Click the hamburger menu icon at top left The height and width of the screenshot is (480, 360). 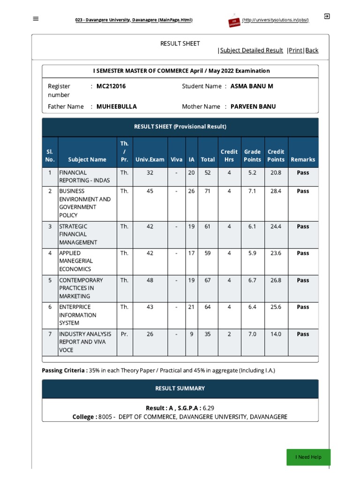(x=36, y=19)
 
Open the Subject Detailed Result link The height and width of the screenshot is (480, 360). (x=252, y=50)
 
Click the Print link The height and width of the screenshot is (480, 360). (x=296, y=50)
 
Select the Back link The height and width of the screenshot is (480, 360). (x=312, y=50)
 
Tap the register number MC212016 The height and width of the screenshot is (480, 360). (x=111, y=86)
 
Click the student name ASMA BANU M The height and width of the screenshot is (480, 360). (x=252, y=86)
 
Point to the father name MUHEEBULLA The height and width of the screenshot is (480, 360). (x=117, y=106)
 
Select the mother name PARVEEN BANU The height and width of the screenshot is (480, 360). (x=253, y=106)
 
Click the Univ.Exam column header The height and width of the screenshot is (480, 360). (x=150, y=159)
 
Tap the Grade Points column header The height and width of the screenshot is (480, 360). (x=252, y=155)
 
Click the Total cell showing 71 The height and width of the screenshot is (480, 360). (x=207, y=191)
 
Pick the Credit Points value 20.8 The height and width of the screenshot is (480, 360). (x=276, y=172)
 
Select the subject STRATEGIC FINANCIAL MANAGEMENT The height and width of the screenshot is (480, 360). (x=79, y=234)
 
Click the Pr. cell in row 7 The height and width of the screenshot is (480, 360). (x=124, y=334)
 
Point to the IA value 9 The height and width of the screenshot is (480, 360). (x=191, y=334)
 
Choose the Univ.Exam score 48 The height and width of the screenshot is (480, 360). (x=150, y=280)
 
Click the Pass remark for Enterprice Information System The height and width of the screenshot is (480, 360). (x=303, y=307)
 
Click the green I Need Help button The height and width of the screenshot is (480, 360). (x=308, y=457)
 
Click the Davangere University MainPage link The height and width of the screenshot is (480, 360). (x=134, y=20)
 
